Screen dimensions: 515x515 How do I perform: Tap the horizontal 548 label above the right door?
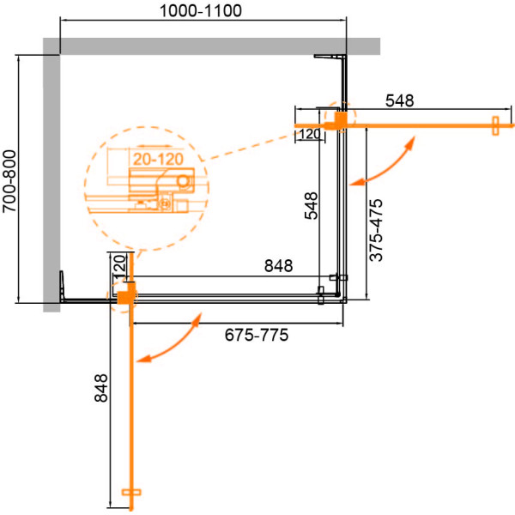click(399, 100)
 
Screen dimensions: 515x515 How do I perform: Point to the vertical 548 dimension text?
click(311, 206)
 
